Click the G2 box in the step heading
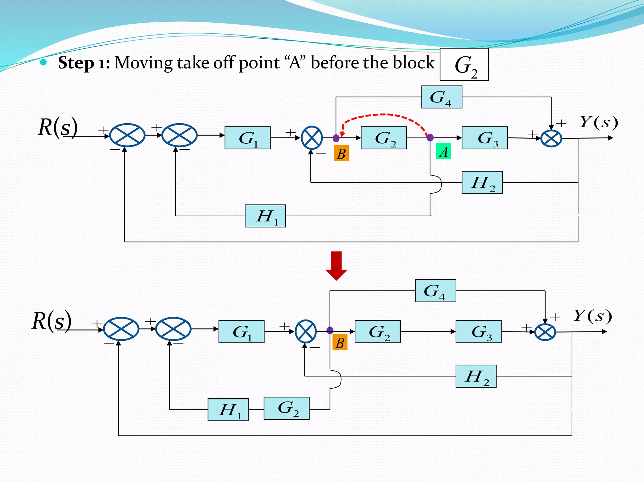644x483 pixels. (x=464, y=65)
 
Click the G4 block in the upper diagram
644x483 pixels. (x=441, y=97)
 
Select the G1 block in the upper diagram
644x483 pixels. (x=247, y=138)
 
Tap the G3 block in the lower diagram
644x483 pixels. (x=478, y=332)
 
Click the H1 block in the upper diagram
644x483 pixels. (x=265, y=216)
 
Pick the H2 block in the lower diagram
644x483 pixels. (x=476, y=376)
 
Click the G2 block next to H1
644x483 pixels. (x=286, y=408)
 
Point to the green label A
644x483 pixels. (x=443, y=151)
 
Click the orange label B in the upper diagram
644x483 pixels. (x=341, y=153)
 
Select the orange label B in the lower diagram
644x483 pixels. (x=340, y=343)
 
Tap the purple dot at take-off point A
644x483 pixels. (x=430, y=137)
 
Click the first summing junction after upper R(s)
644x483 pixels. (x=127, y=135)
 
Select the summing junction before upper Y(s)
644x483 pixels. (x=551, y=138)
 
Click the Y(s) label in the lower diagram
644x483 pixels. (x=592, y=316)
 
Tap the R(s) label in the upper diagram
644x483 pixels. (x=58, y=127)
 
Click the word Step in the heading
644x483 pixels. (x=76, y=63)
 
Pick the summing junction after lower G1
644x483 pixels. (x=306, y=331)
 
